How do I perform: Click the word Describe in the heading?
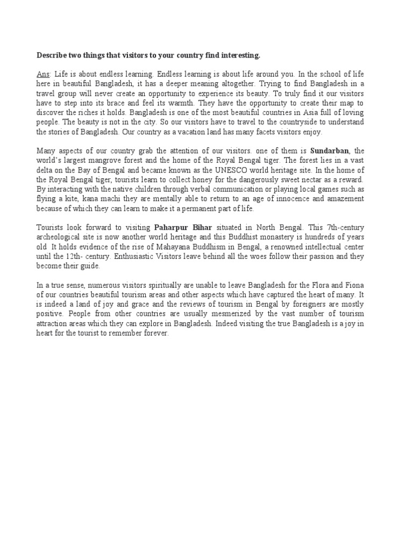coord(52,55)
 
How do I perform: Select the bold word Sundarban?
coord(329,151)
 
